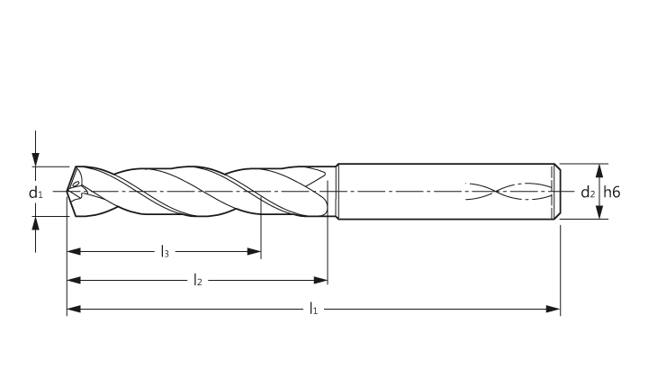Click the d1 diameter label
pyautogui.click(x=35, y=193)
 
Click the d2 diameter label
pyautogui.click(x=588, y=193)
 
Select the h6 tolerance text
pyautogui.click(x=612, y=192)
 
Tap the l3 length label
pyautogui.click(x=165, y=251)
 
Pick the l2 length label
pyautogui.click(x=198, y=280)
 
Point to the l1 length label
pyautogui.click(x=314, y=309)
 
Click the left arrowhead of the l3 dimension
pyautogui.click(x=74, y=251)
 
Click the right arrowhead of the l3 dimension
pyautogui.click(x=254, y=251)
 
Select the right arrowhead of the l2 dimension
pyautogui.click(x=320, y=280)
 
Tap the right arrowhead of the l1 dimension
pyautogui.click(x=553, y=309)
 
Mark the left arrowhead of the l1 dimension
pyautogui.click(x=74, y=309)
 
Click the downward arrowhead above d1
pyautogui.click(x=36, y=159)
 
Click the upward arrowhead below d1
pyautogui.click(x=36, y=223)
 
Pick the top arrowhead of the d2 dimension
pyautogui.click(x=600, y=171)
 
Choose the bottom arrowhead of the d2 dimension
pyautogui.click(x=600, y=211)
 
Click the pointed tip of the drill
pyautogui.click(x=67, y=192)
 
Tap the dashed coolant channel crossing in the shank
pyautogui.click(x=496, y=191)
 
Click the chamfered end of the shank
pyautogui.click(x=557, y=192)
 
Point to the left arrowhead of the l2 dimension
pyautogui.click(x=74, y=280)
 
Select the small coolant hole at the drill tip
pyautogui.click(x=76, y=184)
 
